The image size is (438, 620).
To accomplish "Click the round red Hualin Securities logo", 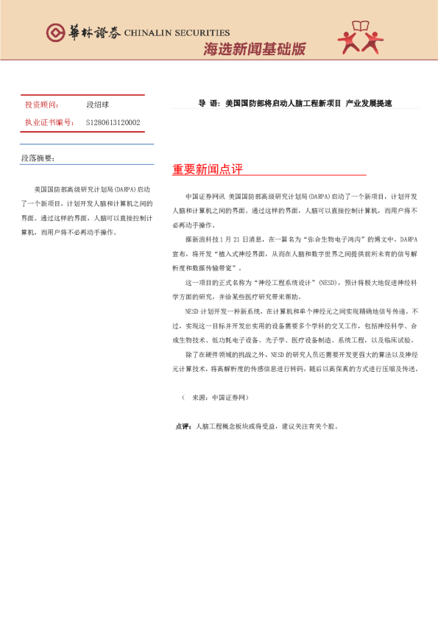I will coord(55,32).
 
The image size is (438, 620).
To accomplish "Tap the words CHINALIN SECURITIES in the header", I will coord(177,33).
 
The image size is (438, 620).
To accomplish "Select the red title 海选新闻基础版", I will coord(254,49).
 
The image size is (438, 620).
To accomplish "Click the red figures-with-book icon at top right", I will coord(360,38).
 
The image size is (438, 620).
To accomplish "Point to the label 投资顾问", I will coord(42,105).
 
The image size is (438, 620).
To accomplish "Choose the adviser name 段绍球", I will coord(98,105).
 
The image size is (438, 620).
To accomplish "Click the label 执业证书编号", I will coord(49,123).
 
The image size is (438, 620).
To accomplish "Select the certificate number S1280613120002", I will coord(113,123).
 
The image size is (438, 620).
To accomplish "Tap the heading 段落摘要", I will coord(37,158).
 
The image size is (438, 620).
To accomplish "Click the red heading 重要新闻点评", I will coord(208,169).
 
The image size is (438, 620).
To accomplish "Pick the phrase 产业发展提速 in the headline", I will coord(369,104).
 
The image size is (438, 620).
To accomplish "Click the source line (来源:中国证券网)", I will coord(215,397).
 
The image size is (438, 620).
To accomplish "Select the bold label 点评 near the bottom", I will coord(184,426).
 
